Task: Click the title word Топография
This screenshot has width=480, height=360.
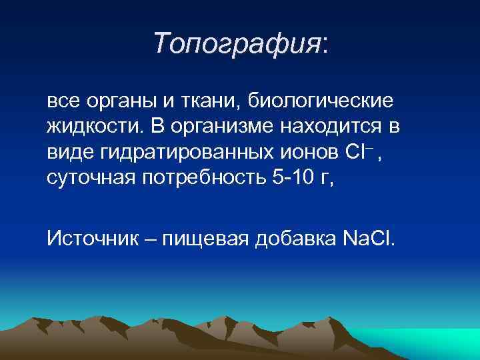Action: coord(237,44)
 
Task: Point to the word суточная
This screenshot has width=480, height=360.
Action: coord(89,178)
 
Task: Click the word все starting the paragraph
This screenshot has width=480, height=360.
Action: coord(62,102)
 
